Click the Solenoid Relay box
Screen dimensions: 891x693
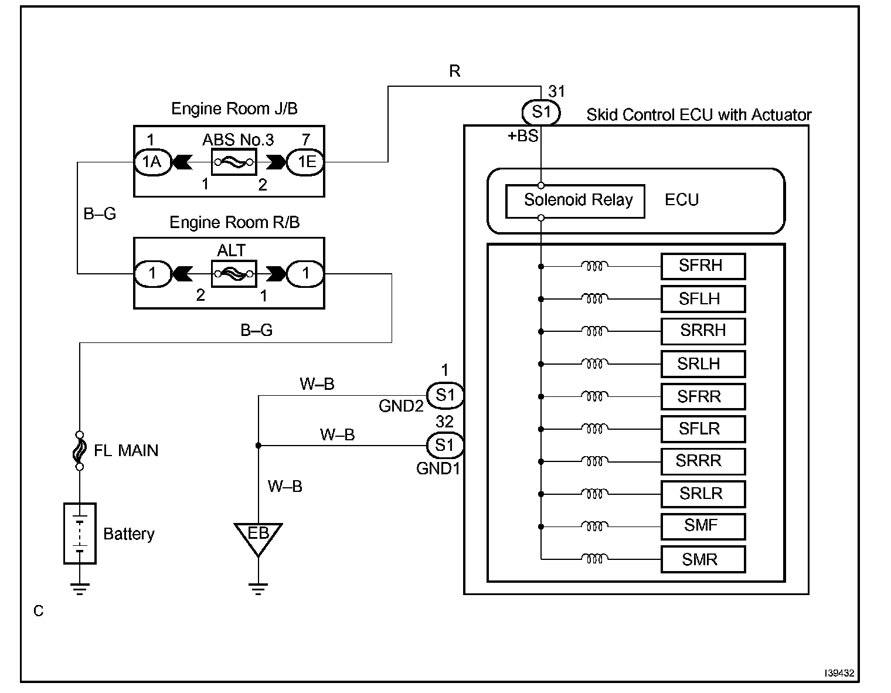[x=575, y=201]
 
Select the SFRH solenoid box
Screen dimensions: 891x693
[x=703, y=266]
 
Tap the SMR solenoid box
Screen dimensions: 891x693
[x=703, y=559]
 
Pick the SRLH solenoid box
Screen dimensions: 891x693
[x=703, y=364]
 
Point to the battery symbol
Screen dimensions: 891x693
[x=80, y=533]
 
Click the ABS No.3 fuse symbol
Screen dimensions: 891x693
[x=234, y=162]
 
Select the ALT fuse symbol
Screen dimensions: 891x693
[x=234, y=274]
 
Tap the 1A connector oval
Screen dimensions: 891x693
[x=152, y=162]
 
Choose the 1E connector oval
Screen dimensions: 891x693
[x=305, y=162]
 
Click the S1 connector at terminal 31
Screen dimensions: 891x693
[x=541, y=113]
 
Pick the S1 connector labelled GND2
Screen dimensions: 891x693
[x=445, y=396]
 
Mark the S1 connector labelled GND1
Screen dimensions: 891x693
[x=445, y=446]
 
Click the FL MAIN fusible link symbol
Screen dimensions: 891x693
[x=80, y=450]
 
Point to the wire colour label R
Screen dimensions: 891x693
[x=455, y=71]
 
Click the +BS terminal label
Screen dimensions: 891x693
[x=523, y=136]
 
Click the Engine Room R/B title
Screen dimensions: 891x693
[x=234, y=222]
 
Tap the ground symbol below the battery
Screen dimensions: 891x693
[x=80, y=589]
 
